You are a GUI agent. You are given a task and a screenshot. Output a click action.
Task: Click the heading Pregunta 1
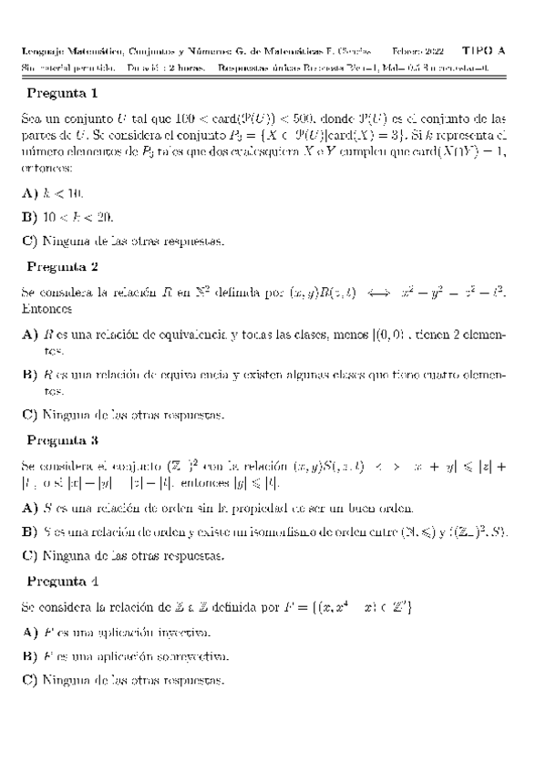[63, 93]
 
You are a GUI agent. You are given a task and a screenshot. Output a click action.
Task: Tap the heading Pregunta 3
[63, 439]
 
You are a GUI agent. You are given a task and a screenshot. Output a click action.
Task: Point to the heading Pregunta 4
[63, 581]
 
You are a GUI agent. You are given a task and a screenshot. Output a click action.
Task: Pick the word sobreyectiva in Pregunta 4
[187, 655]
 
